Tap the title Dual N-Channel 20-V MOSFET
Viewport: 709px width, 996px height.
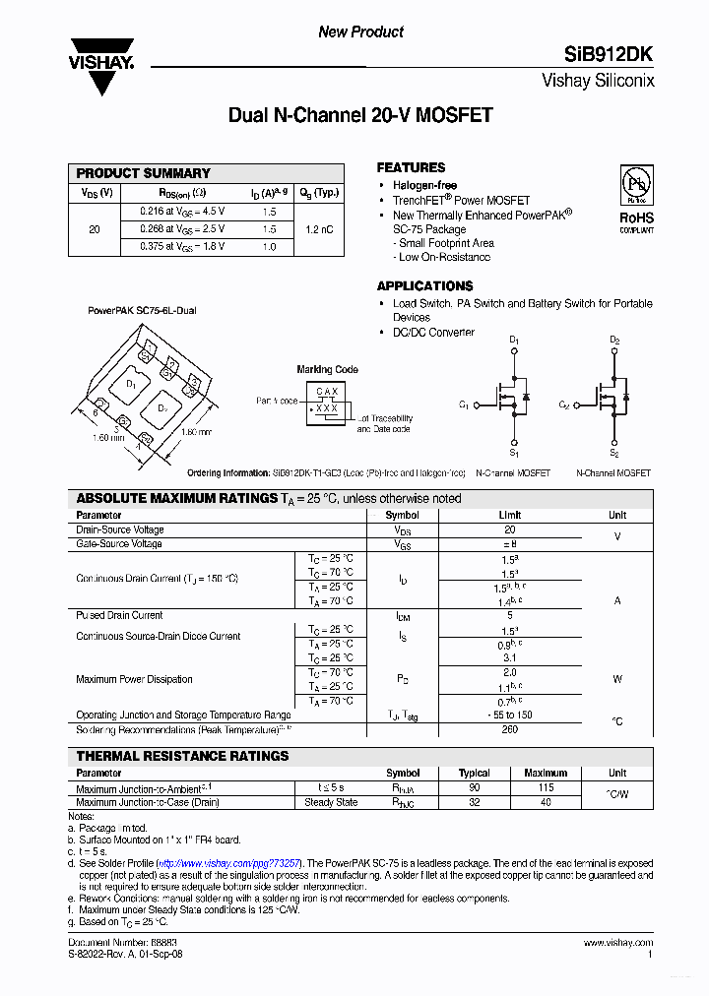(360, 116)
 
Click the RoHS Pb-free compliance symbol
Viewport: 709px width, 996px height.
(635, 187)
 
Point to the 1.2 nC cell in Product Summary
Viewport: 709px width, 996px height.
(319, 228)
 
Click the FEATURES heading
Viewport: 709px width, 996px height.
(411, 167)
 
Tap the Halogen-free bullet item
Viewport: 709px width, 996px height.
(424, 186)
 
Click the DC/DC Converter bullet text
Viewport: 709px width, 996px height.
(433, 333)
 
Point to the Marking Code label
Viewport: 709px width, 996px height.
(328, 370)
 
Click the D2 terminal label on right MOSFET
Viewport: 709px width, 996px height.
(613, 341)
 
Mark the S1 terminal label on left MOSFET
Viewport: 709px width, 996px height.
(513, 453)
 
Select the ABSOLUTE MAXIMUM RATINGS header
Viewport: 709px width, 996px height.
(176, 499)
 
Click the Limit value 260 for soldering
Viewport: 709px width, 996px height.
(509, 730)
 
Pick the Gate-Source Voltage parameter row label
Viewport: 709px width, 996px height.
(119, 544)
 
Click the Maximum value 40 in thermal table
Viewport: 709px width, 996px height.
(546, 802)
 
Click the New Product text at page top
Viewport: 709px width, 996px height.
(360, 32)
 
